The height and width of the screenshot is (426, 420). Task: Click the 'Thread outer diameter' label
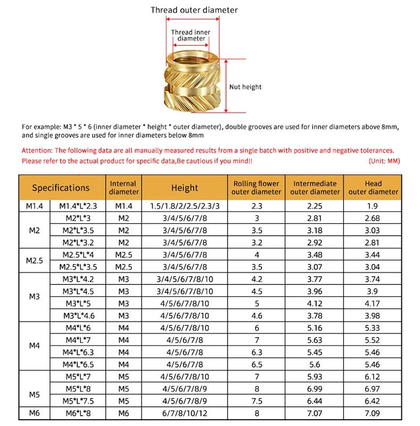point(194,10)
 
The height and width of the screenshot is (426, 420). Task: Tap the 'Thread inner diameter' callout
point(191,35)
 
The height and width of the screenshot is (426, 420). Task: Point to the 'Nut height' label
point(245,87)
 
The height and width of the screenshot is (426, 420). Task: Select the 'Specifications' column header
point(61,188)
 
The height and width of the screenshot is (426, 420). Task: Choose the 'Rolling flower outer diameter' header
point(257,188)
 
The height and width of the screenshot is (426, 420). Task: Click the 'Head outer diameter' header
point(373,188)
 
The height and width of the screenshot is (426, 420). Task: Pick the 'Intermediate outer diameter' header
point(315,188)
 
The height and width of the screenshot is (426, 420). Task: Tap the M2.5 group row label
point(35,261)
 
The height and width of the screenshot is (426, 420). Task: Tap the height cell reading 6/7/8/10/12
point(184,413)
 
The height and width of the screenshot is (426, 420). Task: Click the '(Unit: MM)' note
point(384,161)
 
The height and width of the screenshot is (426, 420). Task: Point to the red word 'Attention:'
point(37,151)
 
